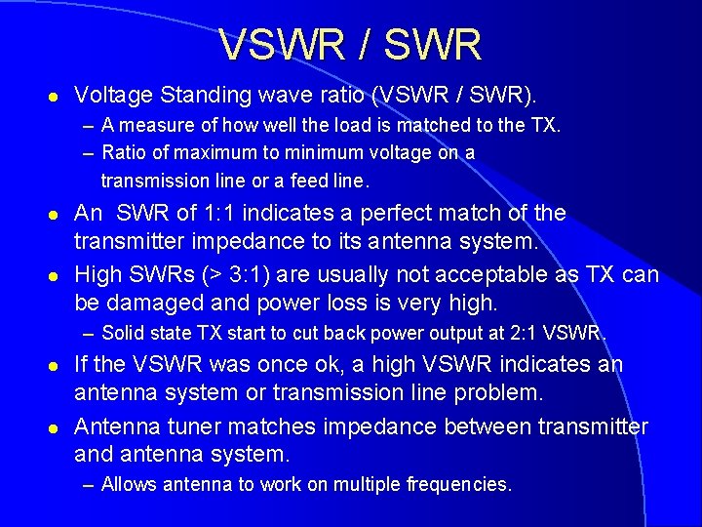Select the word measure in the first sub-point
[155, 125]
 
